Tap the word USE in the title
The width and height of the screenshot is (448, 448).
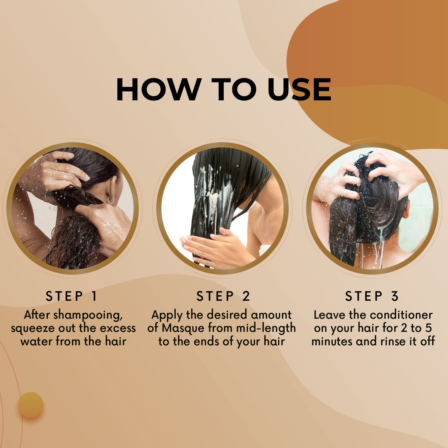[299, 89]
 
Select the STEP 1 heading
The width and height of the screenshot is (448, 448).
[71, 296]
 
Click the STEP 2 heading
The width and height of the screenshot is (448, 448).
[223, 296]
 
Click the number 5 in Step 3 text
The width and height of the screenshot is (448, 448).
[429, 328]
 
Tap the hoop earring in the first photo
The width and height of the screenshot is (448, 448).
[111, 200]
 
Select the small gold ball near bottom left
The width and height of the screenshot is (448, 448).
[31, 405]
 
